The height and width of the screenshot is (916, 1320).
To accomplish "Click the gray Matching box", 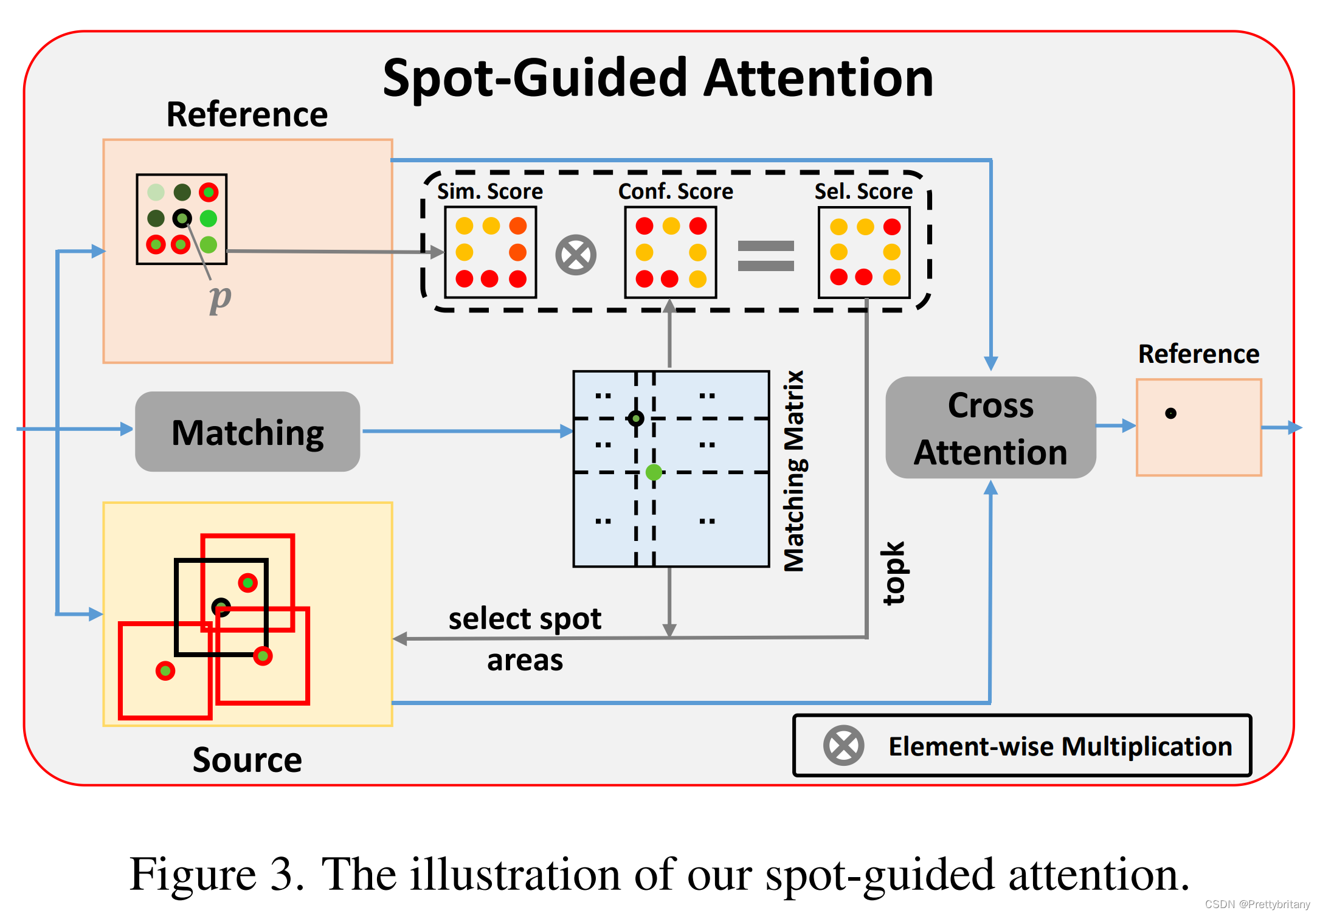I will click(x=247, y=432).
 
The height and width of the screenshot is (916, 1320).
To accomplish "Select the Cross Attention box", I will click(x=990, y=428).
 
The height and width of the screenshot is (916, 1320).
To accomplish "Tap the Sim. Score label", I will click(x=490, y=191).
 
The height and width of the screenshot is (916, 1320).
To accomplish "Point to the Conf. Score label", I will click(x=676, y=191).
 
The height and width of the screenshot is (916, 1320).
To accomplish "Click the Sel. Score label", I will click(x=863, y=191).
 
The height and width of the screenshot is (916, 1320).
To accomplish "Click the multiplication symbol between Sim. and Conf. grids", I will click(x=576, y=255).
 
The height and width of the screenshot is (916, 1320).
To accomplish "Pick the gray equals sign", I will click(x=765, y=255).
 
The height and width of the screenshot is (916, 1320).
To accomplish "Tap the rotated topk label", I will click(x=894, y=573).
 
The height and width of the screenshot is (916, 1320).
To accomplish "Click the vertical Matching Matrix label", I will click(x=794, y=471).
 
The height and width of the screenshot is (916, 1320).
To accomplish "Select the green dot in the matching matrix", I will click(x=654, y=472).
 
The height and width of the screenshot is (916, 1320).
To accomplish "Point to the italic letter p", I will click(x=219, y=298).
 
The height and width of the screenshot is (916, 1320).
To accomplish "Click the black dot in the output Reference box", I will click(x=1170, y=413).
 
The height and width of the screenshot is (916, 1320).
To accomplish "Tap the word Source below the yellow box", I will click(x=247, y=760).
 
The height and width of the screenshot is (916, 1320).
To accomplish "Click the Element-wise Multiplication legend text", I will click(x=1060, y=746).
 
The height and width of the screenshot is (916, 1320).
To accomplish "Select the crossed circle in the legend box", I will click(x=843, y=745).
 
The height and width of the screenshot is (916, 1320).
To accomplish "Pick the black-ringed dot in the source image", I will click(x=221, y=607).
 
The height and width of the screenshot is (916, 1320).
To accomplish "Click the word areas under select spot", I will click(x=525, y=660).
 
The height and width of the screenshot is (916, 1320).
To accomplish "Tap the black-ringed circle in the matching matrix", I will click(x=636, y=418).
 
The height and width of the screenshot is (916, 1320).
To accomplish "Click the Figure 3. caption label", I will click(x=216, y=874).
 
